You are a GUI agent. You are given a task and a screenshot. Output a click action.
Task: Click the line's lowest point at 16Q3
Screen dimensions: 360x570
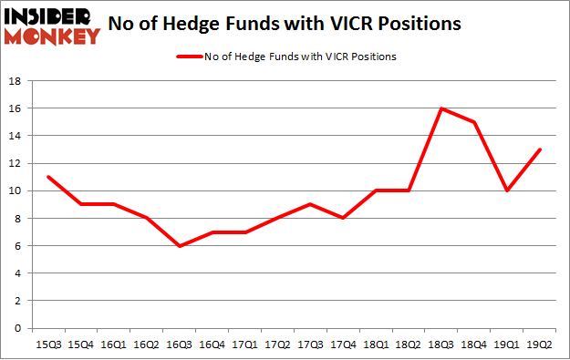tap(180, 246)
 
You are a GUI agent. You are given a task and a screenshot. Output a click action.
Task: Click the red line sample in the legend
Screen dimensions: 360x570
tap(192, 57)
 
